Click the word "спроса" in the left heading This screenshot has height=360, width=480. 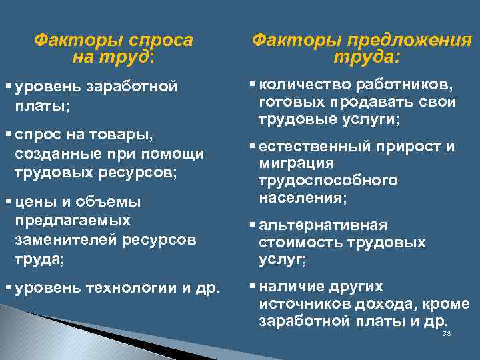click(161, 41)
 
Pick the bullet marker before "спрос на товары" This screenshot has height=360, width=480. click(9, 135)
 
